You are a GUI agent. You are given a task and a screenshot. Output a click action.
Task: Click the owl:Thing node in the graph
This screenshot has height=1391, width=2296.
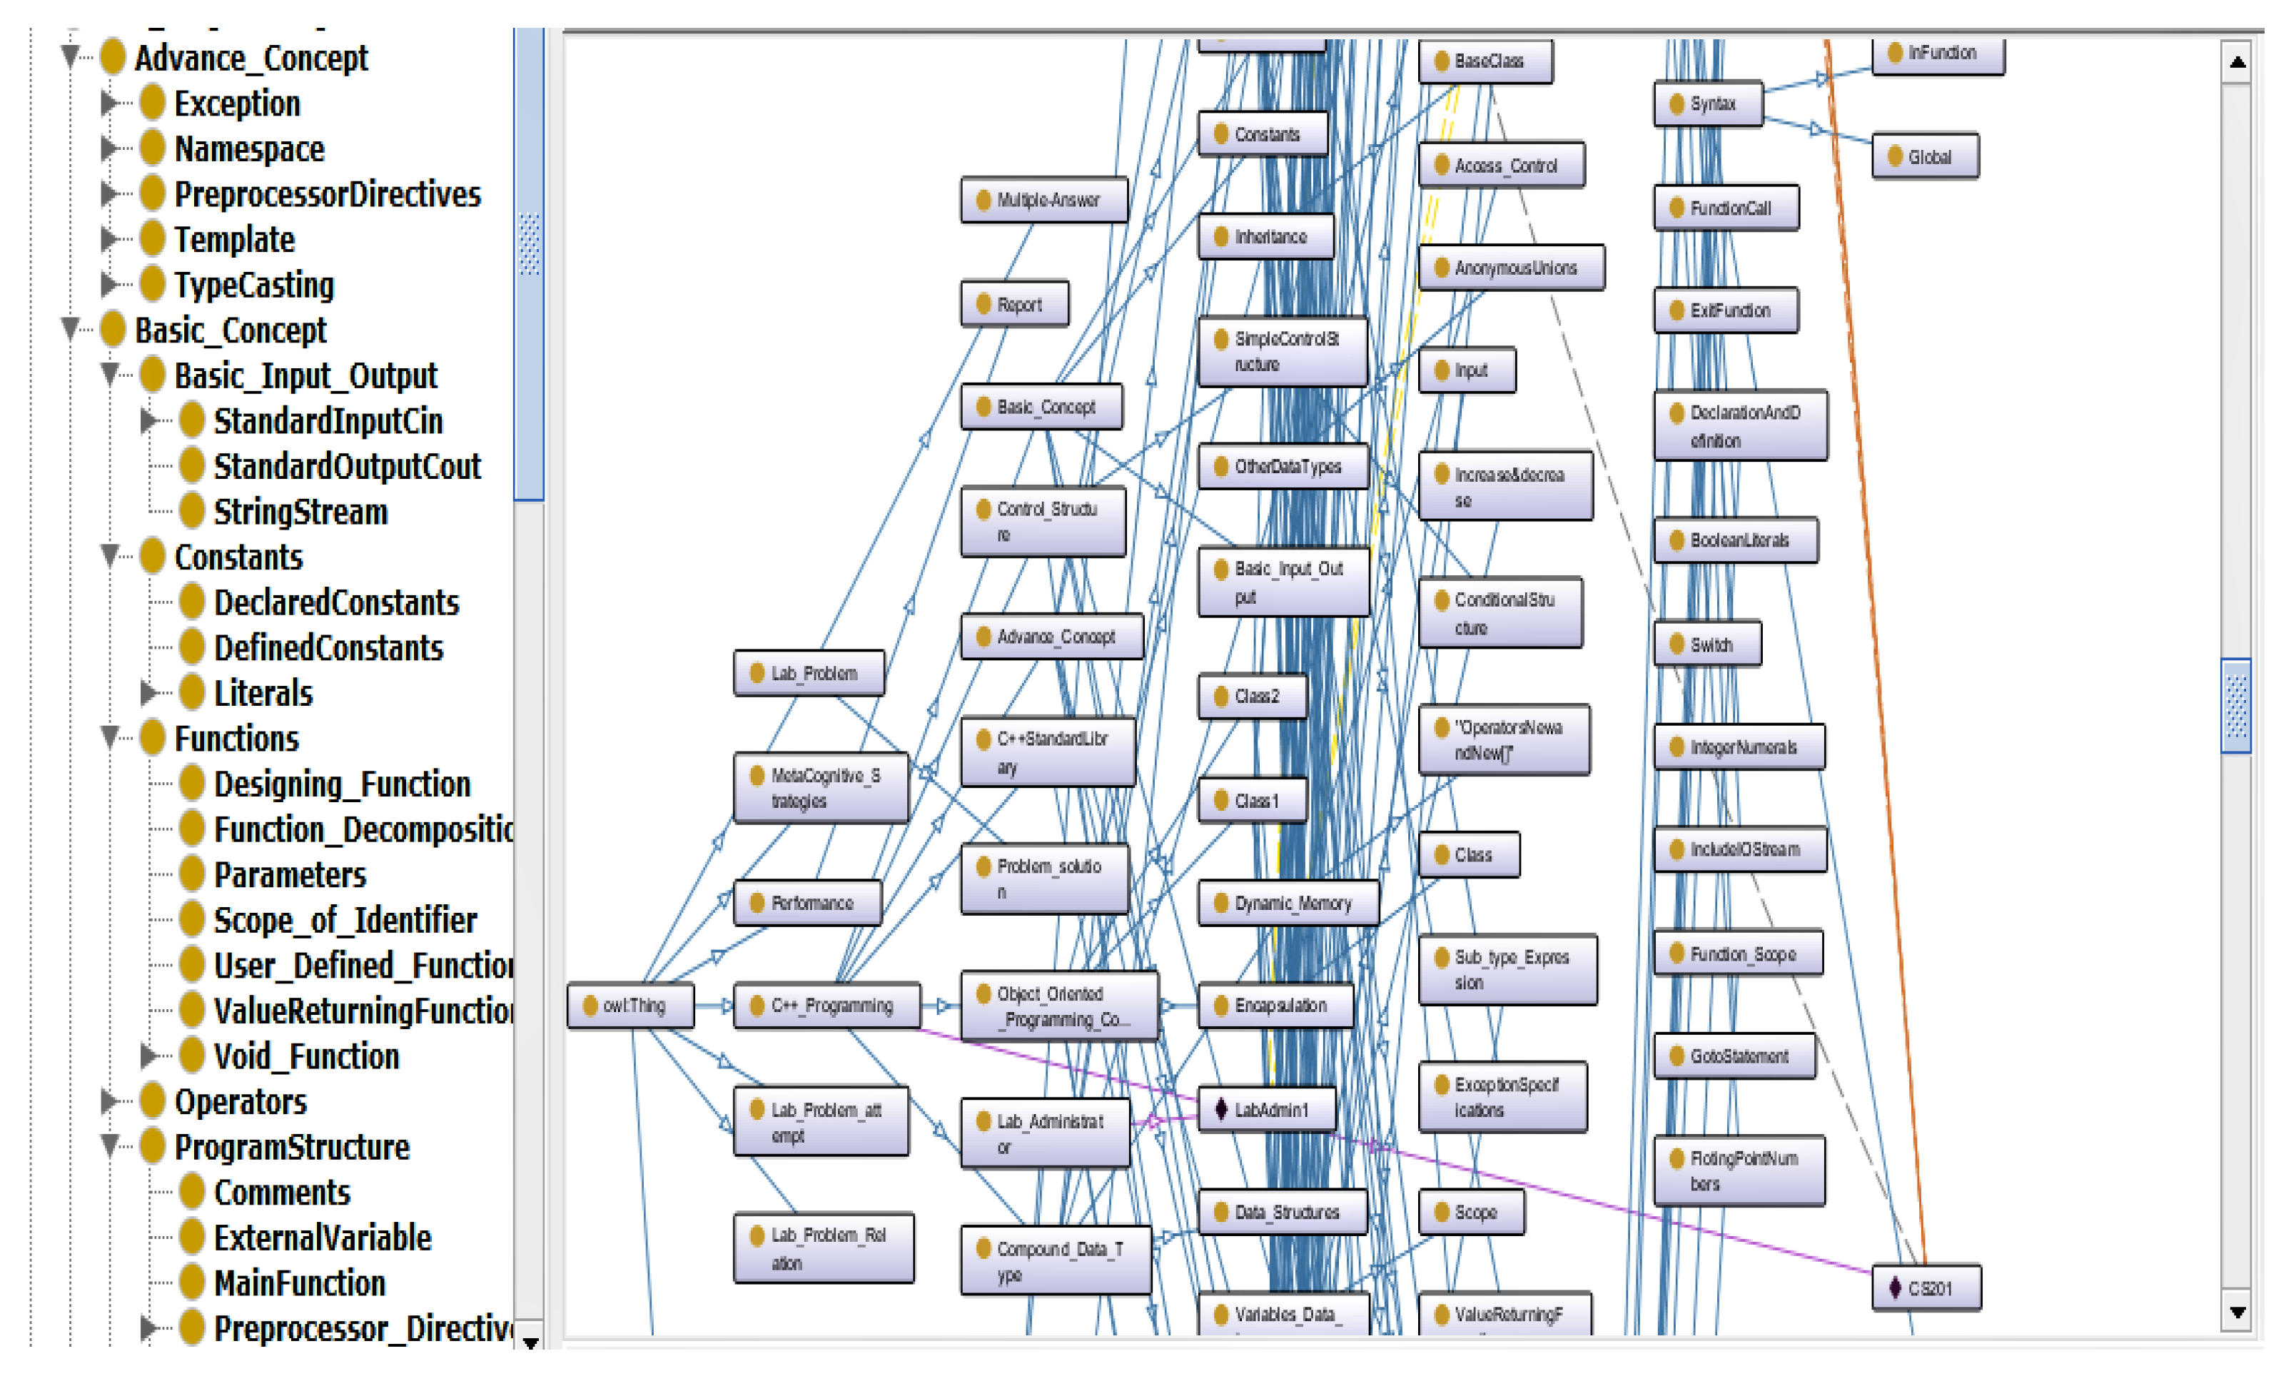tap(631, 1006)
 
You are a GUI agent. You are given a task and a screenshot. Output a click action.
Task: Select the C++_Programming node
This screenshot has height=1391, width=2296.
tap(827, 1006)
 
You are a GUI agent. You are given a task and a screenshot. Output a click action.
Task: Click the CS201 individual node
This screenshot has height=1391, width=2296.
tap(1926, 1288)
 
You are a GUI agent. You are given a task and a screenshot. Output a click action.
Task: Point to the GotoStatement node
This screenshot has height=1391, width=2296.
tap(1735, 1056)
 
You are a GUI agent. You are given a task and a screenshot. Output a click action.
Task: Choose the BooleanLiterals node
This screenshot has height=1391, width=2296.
tap(1736, 540)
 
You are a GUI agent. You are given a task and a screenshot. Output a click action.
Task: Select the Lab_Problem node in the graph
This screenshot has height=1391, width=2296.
tap(809, 674)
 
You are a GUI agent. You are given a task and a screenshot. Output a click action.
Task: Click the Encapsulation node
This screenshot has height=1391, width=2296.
tap(1275, 1006)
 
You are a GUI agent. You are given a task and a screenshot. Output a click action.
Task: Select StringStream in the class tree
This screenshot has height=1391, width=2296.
tap(300, 512)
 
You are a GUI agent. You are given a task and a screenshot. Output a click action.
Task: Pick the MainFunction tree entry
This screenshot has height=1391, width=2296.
tap(299, 1284)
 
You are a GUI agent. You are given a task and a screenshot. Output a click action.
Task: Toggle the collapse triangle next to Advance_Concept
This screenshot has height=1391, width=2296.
tap(71, 58)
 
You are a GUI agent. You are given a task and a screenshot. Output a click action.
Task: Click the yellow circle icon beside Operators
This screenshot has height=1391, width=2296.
tap(153, 1101)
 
